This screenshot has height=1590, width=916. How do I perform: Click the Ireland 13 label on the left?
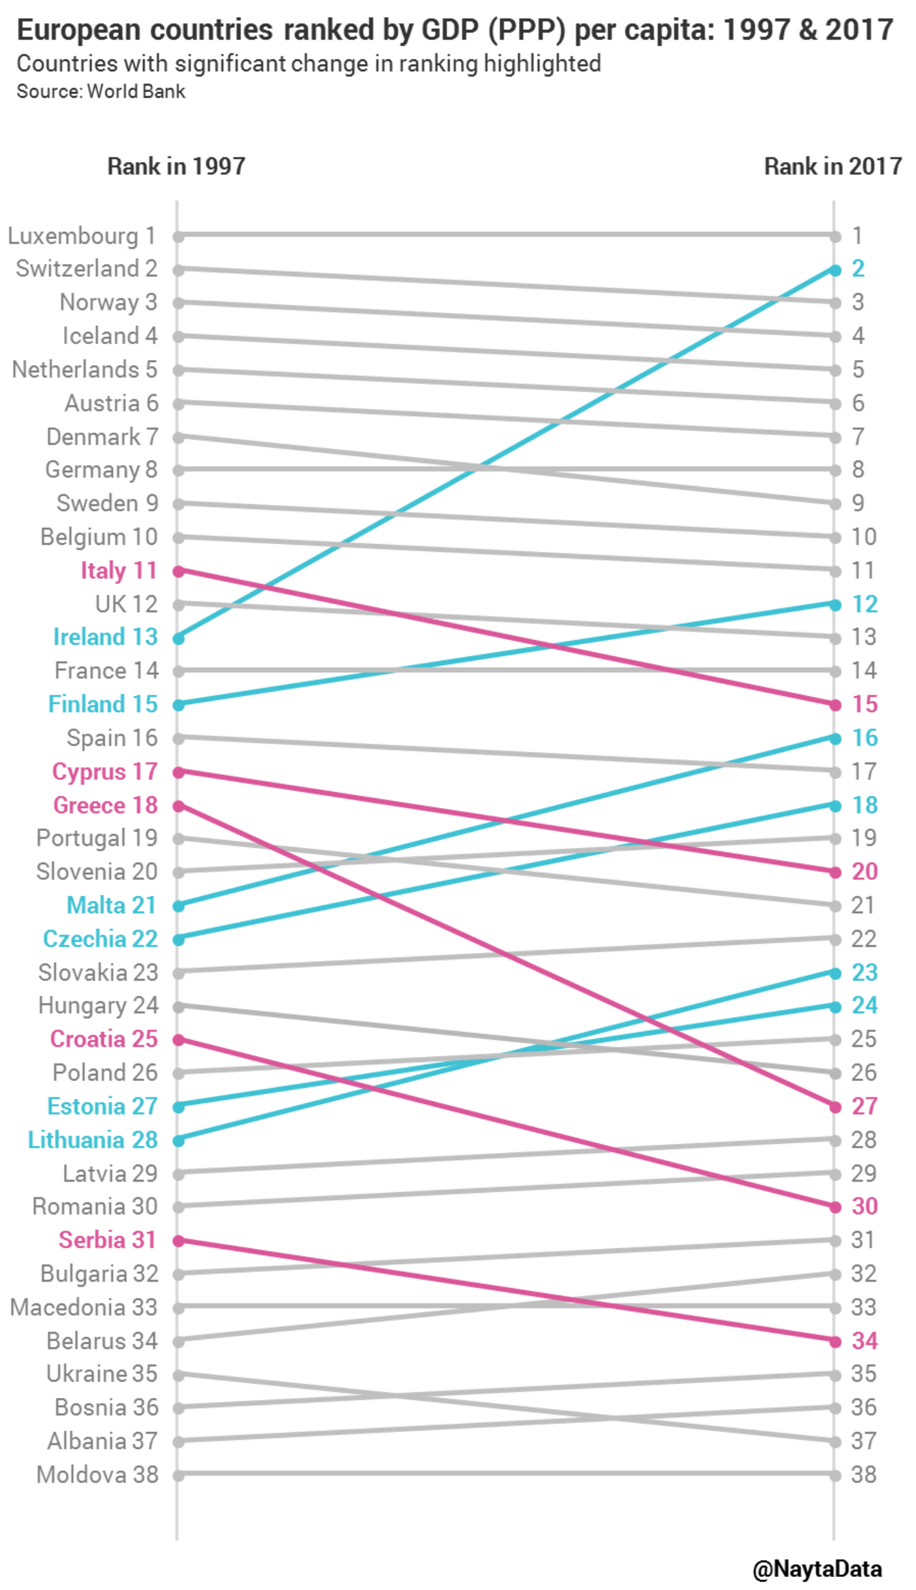tap(105, 637)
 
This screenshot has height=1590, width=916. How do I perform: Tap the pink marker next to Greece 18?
tap(178, 806)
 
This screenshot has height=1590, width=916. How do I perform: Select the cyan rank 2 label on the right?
tap(858, 268)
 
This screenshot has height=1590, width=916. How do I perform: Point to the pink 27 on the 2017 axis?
tap(864, 1106)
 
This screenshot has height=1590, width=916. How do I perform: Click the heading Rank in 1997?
tap(176, 166)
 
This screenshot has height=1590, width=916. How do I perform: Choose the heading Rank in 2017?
tap(832, 166)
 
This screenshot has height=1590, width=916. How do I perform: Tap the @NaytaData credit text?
tap(817, 1568)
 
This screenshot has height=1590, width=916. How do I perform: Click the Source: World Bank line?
tap(101, 91)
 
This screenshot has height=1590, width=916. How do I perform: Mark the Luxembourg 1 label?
tap(82, 236)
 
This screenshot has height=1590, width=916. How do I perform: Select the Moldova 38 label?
tap(97, 1474)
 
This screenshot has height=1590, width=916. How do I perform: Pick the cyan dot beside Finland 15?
tap(178, 705)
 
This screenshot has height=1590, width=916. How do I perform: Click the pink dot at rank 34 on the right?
tap(835, 1341)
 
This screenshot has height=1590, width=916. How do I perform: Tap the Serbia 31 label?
tap(108, 1240)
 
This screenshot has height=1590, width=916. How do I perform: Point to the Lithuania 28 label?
tap(93, 1140)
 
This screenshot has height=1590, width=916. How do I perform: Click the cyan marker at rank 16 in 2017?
tap(835, 738)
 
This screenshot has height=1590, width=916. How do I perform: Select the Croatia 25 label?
tap(104, 1039)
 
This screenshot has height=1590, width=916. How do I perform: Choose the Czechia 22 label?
tap(101, 939)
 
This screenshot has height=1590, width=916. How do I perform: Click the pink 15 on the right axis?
tap(864, 704)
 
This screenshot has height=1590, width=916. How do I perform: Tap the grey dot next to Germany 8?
tap(178, 470)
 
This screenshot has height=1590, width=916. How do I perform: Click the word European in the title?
tap(78, 30)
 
